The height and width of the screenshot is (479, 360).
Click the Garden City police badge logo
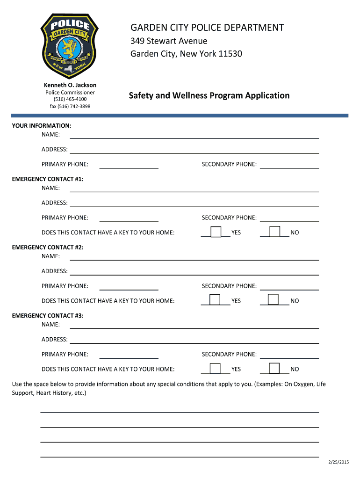(70, 45)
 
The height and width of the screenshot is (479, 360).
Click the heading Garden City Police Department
(207, 28)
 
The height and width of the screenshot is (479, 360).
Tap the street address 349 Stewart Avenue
(168, 41)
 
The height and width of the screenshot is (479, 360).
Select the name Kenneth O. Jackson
(70, 85)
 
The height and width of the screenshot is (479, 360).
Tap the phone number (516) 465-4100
(70, 99)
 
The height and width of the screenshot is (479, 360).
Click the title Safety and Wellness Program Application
(209, 95)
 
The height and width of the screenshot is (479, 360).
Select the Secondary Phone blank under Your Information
(289, 165)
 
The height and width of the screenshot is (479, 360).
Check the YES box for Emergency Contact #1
(216, 232)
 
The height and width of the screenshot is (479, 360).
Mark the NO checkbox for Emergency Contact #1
(274, 232)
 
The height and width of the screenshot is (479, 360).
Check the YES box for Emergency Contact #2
(215, 300)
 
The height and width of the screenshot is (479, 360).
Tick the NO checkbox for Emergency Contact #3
(274, 368)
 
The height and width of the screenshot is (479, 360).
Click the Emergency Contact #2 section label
(48, 247)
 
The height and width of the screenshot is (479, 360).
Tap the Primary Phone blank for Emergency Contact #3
(129, 355)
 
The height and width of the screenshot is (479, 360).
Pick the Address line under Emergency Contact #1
(194, 203)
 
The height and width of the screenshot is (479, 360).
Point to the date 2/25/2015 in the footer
(338, 462)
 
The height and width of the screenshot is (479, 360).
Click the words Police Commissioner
(70, 92)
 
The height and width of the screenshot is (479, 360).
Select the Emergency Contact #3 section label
(48, 316)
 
